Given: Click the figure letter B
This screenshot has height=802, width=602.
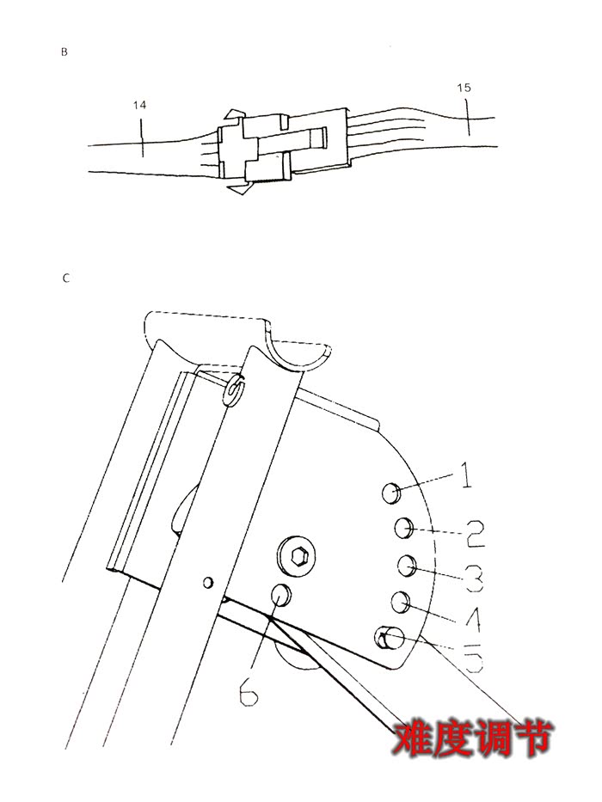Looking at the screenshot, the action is click(x=64, y=52).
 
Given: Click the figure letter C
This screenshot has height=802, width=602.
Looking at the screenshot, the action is click(x=65, y=279).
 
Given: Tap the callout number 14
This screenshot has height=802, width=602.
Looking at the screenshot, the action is click(x=139, y=105).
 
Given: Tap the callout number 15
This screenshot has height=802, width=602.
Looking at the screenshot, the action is click(x=464, y=88).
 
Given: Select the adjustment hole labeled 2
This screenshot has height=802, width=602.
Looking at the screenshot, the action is click(x=404, y=527).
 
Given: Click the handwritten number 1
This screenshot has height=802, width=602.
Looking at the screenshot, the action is click(x=466, y=475).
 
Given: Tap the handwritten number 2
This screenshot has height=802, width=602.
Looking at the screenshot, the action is click(x=474, y=534).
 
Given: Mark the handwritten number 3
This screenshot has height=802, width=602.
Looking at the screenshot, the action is click(x=474, y=578).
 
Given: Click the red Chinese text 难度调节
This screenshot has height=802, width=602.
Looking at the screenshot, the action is click(x=472, y=738).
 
